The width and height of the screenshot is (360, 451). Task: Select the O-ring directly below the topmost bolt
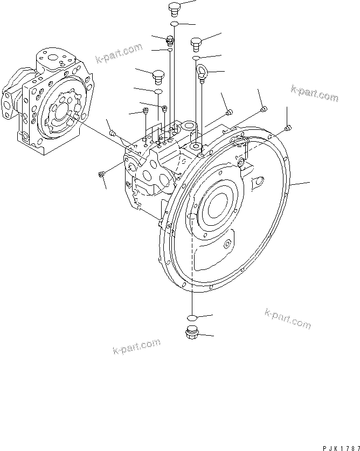pos(174,24)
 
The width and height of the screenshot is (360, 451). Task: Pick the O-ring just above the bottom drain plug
pos(191,317)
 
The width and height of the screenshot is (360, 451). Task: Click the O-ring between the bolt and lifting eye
pos(197,58)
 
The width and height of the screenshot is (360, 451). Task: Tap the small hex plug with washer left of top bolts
pos(170,39)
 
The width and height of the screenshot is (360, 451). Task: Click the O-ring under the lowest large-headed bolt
pos(158,93)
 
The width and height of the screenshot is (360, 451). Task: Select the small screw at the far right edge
pos(288,128)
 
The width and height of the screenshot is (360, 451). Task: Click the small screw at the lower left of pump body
pos(101,174)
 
